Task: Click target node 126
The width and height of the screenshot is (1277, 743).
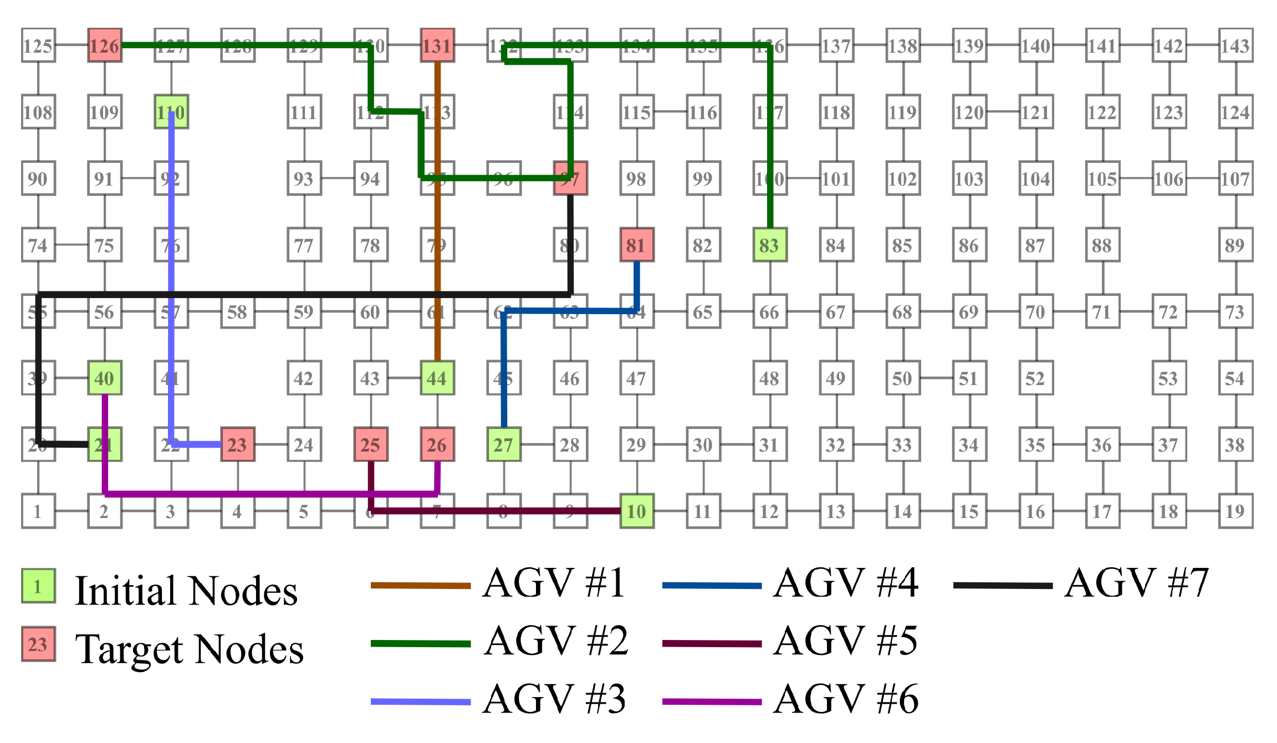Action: click(x=105, y=45)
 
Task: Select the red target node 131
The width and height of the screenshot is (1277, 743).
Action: click(x=437, y=45)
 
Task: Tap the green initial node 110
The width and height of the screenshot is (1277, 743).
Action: click(x=171, y=112)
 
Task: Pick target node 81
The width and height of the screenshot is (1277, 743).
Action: click(x=637, y=245)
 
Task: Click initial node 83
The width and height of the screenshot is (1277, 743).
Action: click(x=770, y=245)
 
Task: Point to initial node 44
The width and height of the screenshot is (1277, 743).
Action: click(x=437, y=378)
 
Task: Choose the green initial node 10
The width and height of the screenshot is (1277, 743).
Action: click(x=637, y=511)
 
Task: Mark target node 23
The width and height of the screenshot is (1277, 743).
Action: click(x=238, y=444)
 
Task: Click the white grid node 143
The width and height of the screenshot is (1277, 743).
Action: click(x=1235, y=45)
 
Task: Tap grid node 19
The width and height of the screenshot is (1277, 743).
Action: click(x=1235, y=511)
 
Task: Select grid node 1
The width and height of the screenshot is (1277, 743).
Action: click(x=38, y=511)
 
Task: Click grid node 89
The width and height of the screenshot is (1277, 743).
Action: click(x=1235, y=245)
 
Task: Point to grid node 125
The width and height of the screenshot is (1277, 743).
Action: click(x=38, y=45)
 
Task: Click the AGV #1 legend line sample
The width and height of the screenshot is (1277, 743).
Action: click(x=420, y=586)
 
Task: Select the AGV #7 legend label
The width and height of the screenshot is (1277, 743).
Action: click(x=1136, y=583)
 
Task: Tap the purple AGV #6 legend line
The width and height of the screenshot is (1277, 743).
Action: click(x=712, y=702)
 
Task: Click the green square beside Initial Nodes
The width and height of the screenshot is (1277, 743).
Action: click(x=38, y=586)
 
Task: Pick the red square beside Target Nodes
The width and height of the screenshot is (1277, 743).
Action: click(x=38, y=644)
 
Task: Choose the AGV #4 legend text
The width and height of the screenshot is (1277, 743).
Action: click(x=846, y=583)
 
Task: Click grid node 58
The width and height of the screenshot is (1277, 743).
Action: click(x=238, y=311)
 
